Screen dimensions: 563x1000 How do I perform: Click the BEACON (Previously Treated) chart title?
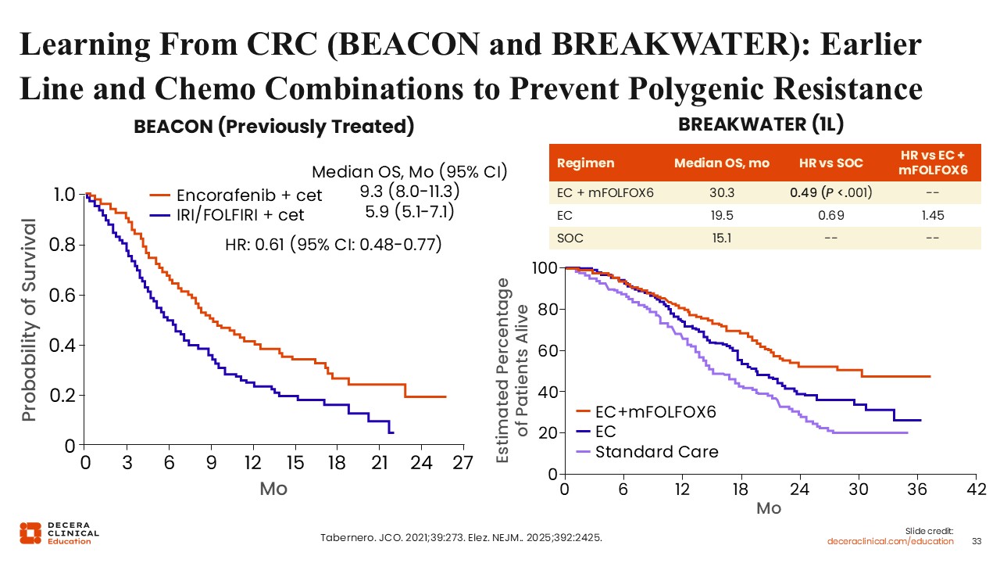coord(273,127)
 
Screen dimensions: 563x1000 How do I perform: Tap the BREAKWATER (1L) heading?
coord(761,124)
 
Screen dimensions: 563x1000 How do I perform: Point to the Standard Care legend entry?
coord(656,451)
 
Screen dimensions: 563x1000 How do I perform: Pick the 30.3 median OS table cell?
coord(721,191)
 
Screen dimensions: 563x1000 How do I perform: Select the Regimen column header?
coord(585,163)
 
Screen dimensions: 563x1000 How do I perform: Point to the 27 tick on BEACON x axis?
coord(462,462)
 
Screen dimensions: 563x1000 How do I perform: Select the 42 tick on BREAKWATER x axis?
coord(975,490)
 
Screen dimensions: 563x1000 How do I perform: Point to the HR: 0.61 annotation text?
coord(334,245)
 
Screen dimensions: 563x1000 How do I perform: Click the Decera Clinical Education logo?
coord(59,533)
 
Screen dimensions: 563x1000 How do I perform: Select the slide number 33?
coord(976,541)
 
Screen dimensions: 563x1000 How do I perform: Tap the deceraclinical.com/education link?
coord(891,541)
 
